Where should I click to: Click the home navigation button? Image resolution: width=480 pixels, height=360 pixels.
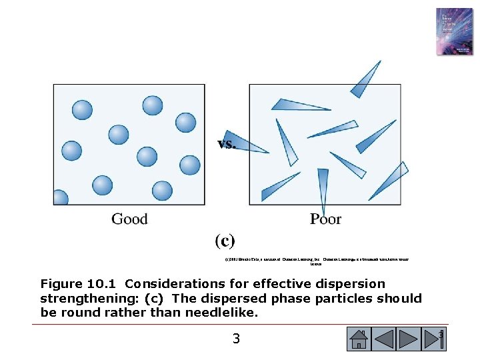pos(358,339)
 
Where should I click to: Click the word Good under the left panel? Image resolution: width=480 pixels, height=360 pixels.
pos(129,219)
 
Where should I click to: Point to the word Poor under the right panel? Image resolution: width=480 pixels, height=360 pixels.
pos(325,219)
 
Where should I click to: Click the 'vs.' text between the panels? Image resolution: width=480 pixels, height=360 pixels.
pos(227,143)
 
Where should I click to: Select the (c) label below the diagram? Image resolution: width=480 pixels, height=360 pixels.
pos(225,240)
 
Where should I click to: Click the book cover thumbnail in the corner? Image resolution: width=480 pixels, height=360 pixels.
pos(454,31)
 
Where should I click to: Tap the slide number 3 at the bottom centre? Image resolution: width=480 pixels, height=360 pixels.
pos(236,339)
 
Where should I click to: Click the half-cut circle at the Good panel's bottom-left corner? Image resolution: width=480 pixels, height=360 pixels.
pos(60,197)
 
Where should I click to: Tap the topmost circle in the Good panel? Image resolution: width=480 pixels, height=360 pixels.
pos(152,105)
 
